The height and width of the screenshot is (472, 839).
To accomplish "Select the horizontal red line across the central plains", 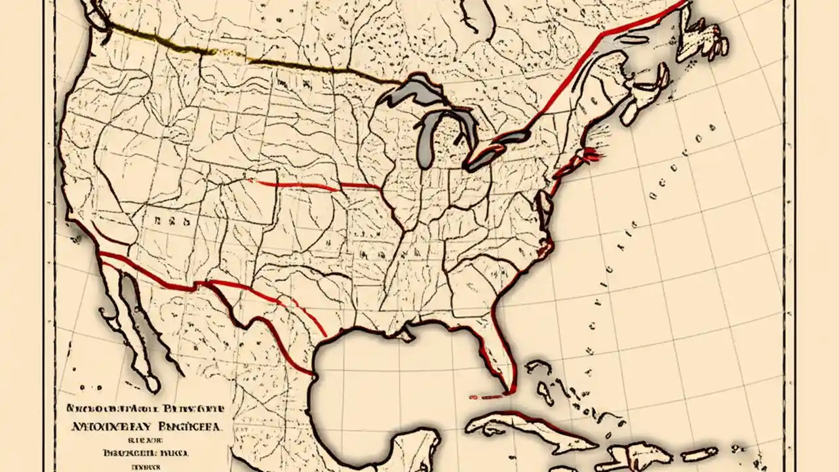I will click(x=315, y=185).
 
